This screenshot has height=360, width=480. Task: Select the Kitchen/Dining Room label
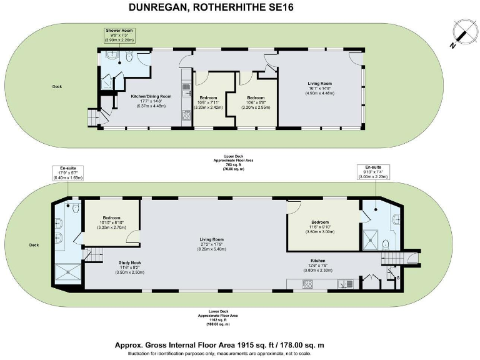(146, 101)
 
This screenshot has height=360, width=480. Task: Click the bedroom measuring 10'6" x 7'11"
(208, 102)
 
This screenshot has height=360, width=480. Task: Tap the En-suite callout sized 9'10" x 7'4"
(372, 172)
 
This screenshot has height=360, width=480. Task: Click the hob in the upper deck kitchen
(186, 115)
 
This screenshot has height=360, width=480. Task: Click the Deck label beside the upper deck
(57, 86)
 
